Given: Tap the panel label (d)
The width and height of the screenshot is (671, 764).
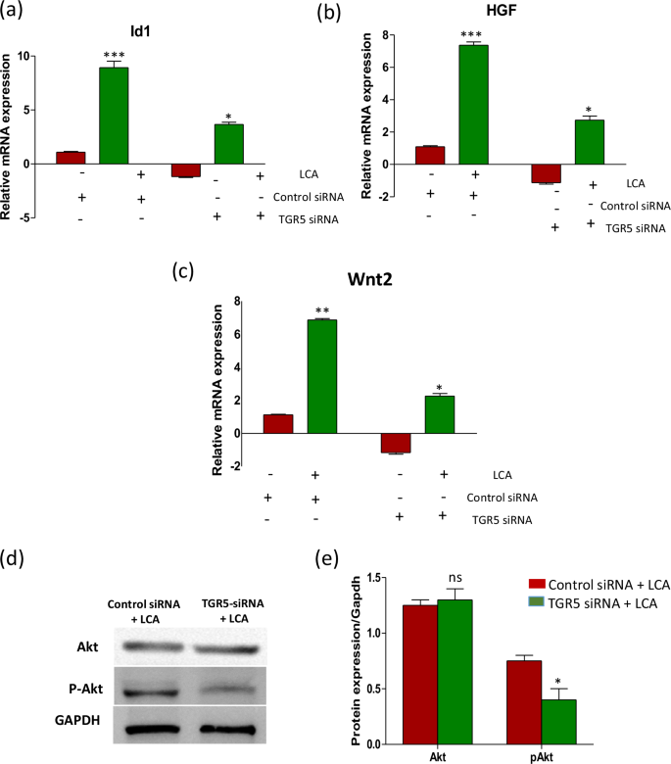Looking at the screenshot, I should pyautogui.click(x=13, y=559).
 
